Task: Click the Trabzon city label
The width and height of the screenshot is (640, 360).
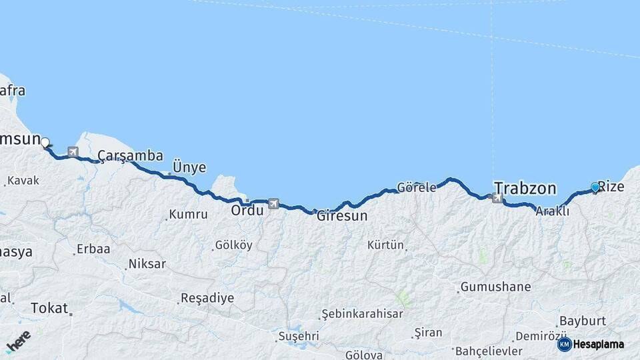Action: (523, 187)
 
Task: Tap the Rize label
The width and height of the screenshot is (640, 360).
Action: (611, 186)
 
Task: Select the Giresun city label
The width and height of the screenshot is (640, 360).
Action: (341, 216)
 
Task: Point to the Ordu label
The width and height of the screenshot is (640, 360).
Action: (247, 210)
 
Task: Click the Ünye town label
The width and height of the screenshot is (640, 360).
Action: (189, 167)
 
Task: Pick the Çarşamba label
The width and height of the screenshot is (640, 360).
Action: (130, 156)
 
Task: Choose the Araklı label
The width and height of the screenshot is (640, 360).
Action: (552, 211)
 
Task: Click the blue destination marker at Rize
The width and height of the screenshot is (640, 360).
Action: (595, 188)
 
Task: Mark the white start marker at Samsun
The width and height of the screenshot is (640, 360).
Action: (45, 142)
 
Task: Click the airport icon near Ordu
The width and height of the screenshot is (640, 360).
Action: (273, 203)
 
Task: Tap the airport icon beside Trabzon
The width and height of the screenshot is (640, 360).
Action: (497, 197)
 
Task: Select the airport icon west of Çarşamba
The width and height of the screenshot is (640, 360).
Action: (73, 153)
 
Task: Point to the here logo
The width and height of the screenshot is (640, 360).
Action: (18, 341)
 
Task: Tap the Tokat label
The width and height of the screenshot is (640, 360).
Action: (49, 308)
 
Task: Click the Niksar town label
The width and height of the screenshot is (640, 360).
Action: (147, 264)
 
